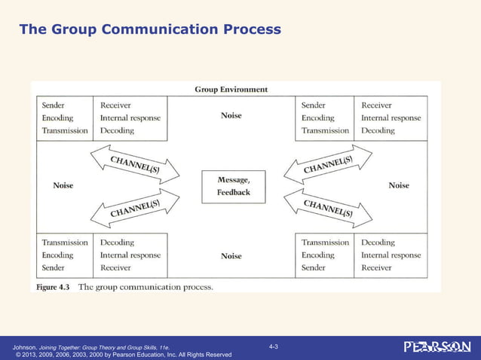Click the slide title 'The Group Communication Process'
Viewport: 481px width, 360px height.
(149, 29)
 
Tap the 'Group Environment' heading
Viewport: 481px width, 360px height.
(231, 90)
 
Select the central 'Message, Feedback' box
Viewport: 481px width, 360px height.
(233, 186)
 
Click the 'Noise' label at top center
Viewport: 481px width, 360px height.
(231, 116)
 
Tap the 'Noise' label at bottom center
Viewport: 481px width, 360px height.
(231, 256)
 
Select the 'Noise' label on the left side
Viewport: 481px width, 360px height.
(63, 185)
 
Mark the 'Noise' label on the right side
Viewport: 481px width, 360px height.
(399, 185)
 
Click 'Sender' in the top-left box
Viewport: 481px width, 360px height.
(53, 105)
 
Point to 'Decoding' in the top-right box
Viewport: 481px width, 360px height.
(378, 130)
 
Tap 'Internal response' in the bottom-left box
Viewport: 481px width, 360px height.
(130, 255)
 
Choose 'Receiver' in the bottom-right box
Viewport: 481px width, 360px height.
(377, 267)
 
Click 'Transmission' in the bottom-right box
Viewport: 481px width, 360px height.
(325, 243)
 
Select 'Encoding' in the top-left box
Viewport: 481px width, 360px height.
(57, 117)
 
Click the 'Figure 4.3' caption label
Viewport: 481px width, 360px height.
(54, 287)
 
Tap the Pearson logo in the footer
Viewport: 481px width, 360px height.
(437, 346)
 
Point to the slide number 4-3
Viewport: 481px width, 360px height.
(274, 346)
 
